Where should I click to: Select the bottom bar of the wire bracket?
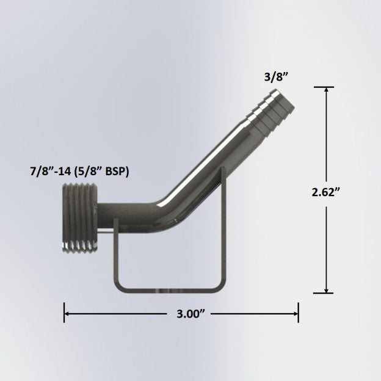pyautogui.click(x=166, y=287)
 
